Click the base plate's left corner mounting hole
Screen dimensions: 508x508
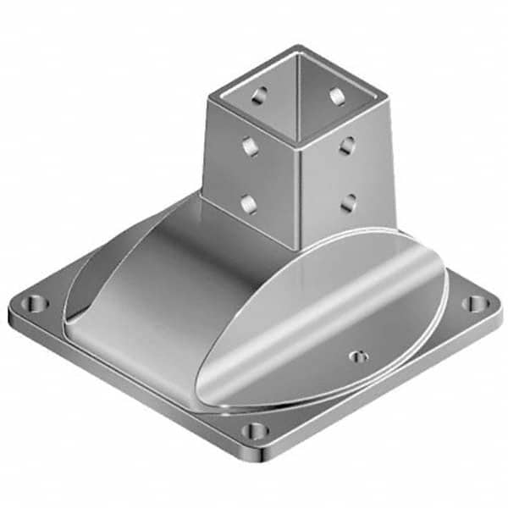35,302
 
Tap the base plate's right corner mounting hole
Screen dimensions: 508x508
477,302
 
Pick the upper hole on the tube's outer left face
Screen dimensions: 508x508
250,147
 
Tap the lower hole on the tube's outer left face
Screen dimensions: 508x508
248,203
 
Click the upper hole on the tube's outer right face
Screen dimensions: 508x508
347,146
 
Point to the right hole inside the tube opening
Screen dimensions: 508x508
336,95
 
